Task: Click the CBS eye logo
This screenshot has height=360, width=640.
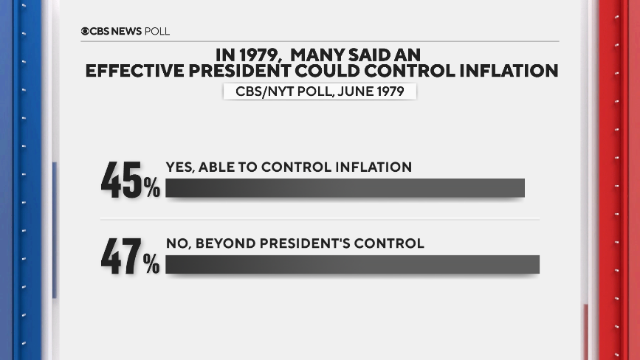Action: pos(86,32)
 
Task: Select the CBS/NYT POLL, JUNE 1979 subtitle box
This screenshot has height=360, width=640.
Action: pos(320,91)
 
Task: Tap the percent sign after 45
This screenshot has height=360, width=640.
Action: pos(151,190)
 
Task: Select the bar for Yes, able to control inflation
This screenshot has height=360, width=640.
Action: pos(345,188)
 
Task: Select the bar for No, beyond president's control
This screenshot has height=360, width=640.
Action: pos(352,264)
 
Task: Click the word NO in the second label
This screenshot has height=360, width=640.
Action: pos(176,243)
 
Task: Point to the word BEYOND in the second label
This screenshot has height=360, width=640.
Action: pos(219,243)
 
